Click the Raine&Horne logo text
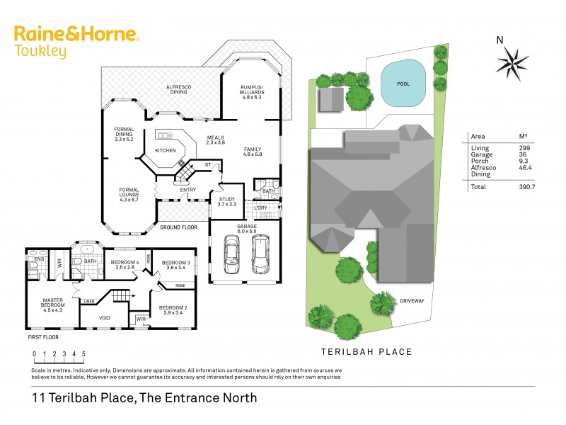click(x=77, y=34)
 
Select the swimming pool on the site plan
click(x=403, y=84)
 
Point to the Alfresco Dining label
click(x=179, y=89)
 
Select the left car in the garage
click(x=232, y=254)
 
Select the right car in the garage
click(x=260, y=254)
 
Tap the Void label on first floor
click(x=104, y=318)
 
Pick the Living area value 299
click(x=524, y=147)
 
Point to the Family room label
click(x=252, y=150)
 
